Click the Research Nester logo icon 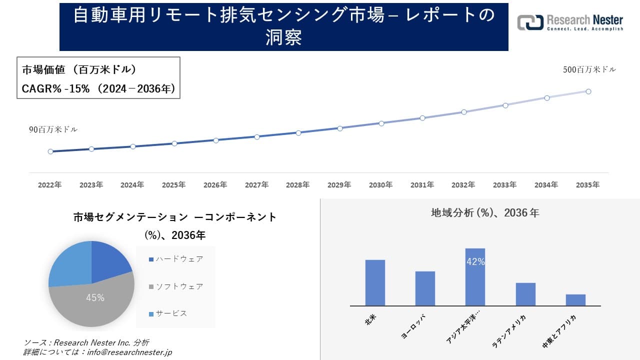(x=530, y=22)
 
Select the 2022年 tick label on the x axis (x=50, y=185)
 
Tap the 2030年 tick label (x=381, y=185)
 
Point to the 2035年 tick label (x=587, y=185)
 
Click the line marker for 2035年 (x=588, y=91)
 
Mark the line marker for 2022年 (x=50, y=151)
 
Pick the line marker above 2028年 (x=298, y=133)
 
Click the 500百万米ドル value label (x=589, y=70)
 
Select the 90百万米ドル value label (x=53, y=129)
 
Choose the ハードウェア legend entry (x=176, y=259)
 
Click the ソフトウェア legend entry (x=176, y=286)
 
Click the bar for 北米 (x=375, y=282)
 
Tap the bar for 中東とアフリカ (x=575, y=299)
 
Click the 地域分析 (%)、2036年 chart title (x=485, y=213)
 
